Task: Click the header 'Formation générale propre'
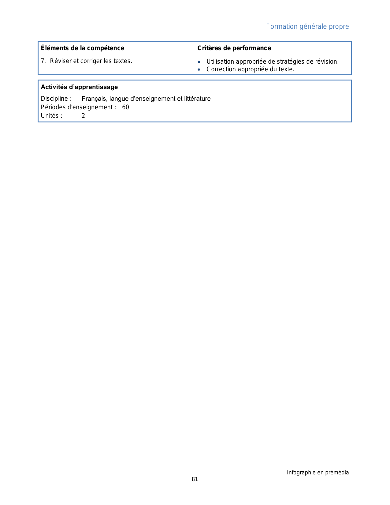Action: (307, 27)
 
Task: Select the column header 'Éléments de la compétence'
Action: (83, 48)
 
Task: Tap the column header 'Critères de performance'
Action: (234, 48)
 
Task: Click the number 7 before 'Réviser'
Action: (43, 61)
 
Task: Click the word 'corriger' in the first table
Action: (91, 61)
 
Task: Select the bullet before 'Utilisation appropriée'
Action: (199, 62)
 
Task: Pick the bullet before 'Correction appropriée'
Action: (199, 69)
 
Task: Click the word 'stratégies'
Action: (291, 62)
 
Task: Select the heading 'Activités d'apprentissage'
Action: (79, 87)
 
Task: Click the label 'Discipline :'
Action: (56, 99)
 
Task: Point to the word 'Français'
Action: (94, 99)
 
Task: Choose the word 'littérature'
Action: (197, 99)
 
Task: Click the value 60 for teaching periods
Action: (125, 107)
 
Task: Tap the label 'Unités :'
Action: (52, 116)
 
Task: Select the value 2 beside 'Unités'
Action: (83, 116)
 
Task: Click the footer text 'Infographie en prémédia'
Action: (318, 473)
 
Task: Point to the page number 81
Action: (195, 479)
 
